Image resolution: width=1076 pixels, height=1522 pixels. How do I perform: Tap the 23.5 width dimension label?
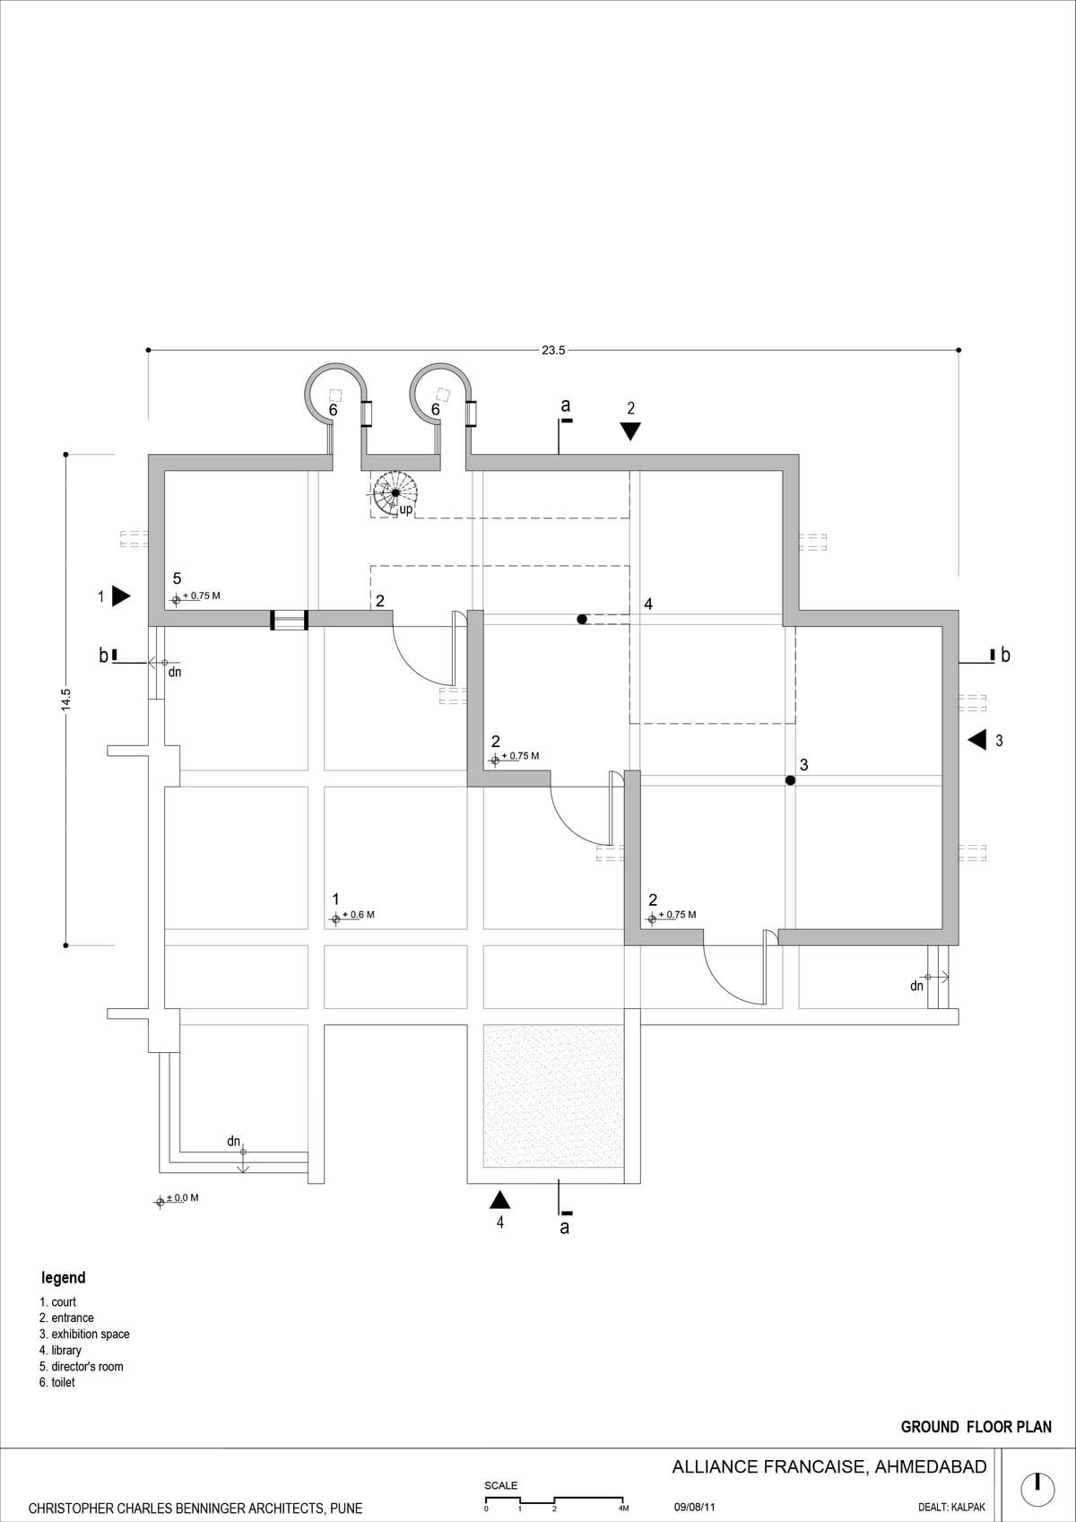click(553, 351)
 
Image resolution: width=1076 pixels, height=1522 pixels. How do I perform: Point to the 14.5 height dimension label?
click(65, 700)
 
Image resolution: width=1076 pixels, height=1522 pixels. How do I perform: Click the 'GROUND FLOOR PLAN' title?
click(976, 1427)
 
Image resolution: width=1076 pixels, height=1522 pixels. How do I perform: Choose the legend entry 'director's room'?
click(82, 1367)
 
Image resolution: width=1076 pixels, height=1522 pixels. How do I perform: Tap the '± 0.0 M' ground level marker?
click(177, 1198)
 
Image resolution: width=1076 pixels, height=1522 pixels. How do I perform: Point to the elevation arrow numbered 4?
click(500, 1200)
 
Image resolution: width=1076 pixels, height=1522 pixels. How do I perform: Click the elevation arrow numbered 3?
click(976, 740)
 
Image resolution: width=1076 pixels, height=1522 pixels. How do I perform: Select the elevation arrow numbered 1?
click(121, 596)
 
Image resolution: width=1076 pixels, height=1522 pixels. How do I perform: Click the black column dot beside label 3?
click(790, 780)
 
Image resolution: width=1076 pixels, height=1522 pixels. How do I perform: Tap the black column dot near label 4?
click(582, 620)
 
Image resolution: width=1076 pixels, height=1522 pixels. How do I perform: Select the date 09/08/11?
click(694, 1507)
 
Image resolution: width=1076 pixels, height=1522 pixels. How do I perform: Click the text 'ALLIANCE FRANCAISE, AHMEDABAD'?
click(829, 1467)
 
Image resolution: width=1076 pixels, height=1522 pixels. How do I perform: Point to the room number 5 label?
click(177, 578)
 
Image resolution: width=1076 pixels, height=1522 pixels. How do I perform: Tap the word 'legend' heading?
click(63, 1277)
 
